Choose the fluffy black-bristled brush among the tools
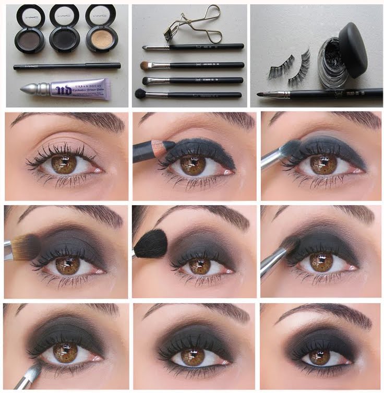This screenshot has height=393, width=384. [x=141, y=94]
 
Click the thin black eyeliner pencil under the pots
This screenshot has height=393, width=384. [x=67, y=66]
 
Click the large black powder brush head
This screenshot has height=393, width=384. [x=151, y=242]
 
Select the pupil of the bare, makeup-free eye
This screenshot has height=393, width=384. [x=65, y=163]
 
